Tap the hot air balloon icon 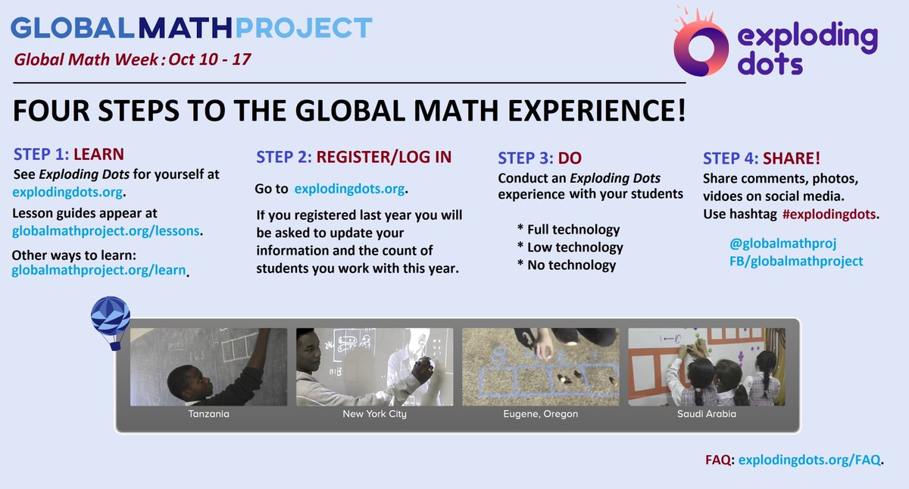coord(110,321)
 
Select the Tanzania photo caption coord(208,415)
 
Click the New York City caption coord(374,415)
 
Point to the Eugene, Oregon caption coord(541,415)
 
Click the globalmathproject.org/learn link coord(98,269)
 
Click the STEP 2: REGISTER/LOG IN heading coord(354,157)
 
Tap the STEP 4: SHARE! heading coord(761,159)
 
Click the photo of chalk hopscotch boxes coord(541,367)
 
